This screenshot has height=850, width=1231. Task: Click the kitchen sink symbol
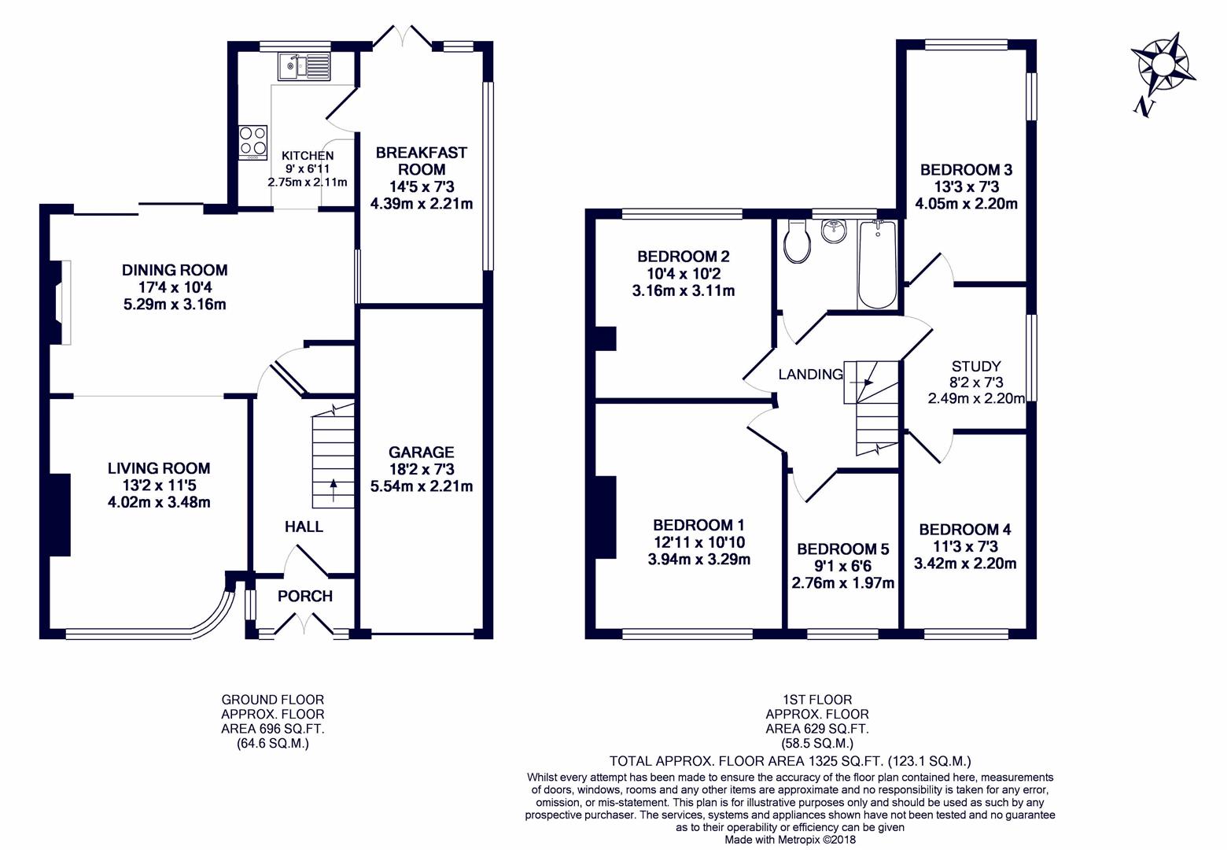(x=304, y=67)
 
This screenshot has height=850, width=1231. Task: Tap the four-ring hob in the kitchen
(x=252, y=143)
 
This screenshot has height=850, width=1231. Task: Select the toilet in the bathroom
(x=797, y=242)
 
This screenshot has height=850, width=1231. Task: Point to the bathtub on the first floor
(x=878, y=264)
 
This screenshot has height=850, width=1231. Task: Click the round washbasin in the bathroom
(x=835, y=231)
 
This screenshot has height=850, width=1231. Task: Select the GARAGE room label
(x=422, y=452)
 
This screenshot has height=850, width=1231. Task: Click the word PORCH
(x=305, y=596)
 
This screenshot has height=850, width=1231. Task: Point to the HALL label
(x=304, y=527)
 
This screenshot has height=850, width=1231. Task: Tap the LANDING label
(x=811, y=375)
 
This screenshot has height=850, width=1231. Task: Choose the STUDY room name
(x=976, y=366)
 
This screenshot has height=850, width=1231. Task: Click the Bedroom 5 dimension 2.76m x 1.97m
(x=843, y=582)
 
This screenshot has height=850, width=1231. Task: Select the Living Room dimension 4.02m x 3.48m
(x=159, y=502)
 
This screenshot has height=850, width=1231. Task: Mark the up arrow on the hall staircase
(x=333, y=490)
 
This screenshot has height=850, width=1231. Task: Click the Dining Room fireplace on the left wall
(x=61, y=302)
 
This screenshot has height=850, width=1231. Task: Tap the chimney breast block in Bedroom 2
(x=606, y=338)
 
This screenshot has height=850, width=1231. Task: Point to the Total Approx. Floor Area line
(x=791, y=761)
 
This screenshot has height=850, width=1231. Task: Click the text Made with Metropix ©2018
(x=791, y=840)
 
